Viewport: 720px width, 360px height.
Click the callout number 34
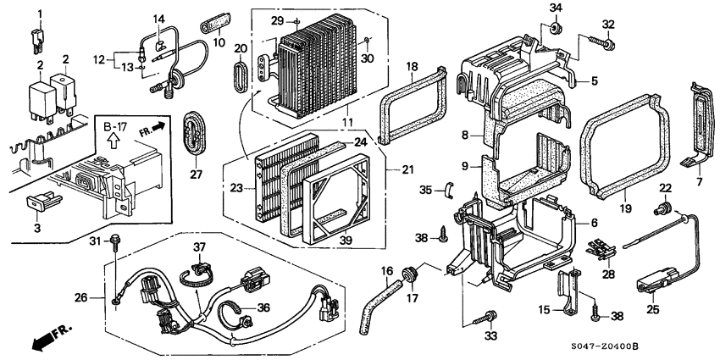tap(556, 8)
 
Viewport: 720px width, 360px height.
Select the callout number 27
tap(196, 174)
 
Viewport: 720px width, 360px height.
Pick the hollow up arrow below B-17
tap(113, 141)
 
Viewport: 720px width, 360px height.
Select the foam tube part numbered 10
tap(215, 23)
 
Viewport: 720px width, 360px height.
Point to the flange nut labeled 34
tap(556, 29)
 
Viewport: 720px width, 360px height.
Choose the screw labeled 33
tap(485, 317)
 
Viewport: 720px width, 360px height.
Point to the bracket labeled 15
tap(568, 291)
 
